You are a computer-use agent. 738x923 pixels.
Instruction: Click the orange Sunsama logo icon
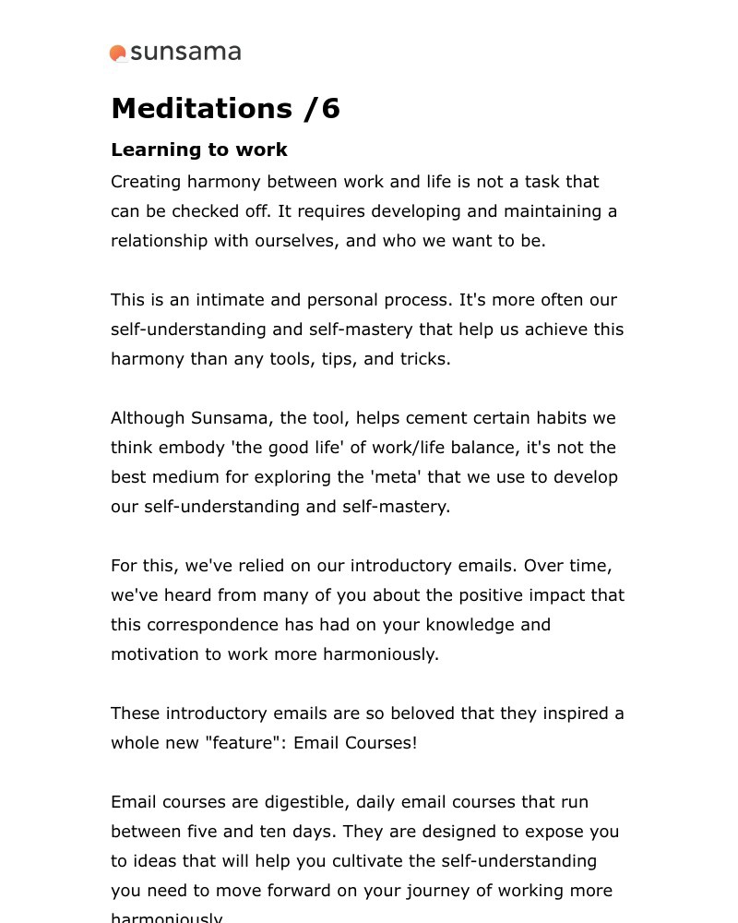point(118,54)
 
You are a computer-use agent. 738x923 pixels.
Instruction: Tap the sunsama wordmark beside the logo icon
point(185,53)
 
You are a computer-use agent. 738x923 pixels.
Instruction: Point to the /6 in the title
point(322,109)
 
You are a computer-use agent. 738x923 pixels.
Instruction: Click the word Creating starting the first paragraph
point(146,182)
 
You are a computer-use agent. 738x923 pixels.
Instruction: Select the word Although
point(148,418)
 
